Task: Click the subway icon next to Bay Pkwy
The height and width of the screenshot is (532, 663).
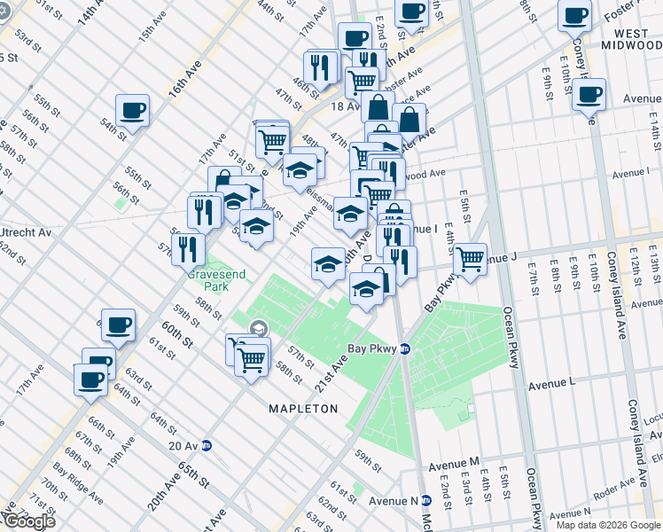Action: [403, 348]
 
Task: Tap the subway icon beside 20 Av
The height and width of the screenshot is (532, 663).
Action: [207, 445]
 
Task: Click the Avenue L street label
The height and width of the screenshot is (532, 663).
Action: [552, 384]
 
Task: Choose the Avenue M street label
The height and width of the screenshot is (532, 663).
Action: [454, 464]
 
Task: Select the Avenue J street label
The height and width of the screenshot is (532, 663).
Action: [500, 256]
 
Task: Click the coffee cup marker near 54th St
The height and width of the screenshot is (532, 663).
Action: [133, 111]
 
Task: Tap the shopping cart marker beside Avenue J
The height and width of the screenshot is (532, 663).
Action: [471, 259]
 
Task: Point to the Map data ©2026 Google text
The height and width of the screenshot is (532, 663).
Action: [608, 525]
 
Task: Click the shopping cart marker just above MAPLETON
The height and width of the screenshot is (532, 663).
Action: [252, 359]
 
